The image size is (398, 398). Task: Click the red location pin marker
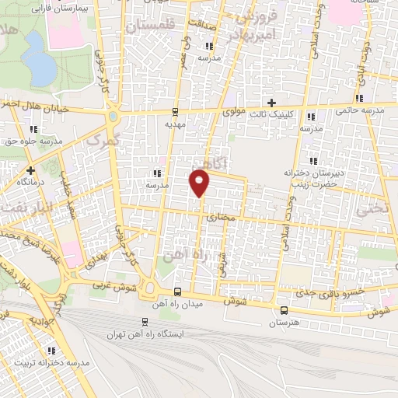tap(200, 183)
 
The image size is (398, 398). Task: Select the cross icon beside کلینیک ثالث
tap(271, 103)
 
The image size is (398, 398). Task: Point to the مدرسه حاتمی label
tap(360, 110)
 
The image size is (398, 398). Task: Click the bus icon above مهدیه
tap(175, 111)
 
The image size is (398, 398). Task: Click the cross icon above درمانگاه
tap(30, 169)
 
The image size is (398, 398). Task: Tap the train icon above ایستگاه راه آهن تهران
tap(145, 322)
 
